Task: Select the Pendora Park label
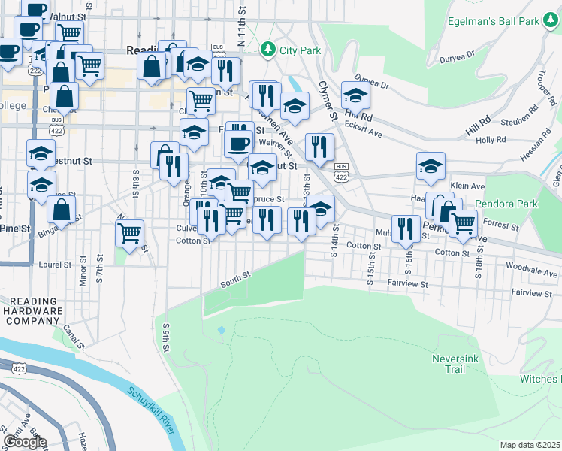click(x=506, y=204)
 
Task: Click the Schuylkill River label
click(x=151, y=409)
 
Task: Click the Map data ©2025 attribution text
click(x=530, y=445)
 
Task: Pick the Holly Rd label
click(x=490, y=140)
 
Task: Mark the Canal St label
click(x=73, y=331)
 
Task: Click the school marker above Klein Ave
click(x=431, y=165)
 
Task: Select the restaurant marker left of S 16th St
click(x=406, y=227)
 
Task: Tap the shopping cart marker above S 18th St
click(x=463, y=222)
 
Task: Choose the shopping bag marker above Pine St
click(x=62, y=207)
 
